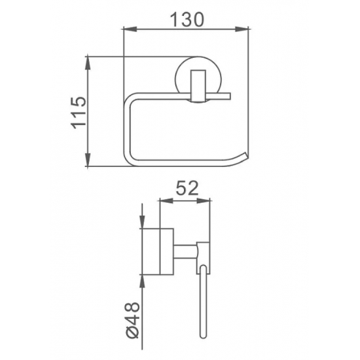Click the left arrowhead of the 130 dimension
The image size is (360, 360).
pos(128,29)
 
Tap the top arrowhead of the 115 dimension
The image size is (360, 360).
pos(88,62)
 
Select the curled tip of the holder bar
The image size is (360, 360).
pos(244,155)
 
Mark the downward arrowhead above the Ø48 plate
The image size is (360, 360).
pos(142,223)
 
